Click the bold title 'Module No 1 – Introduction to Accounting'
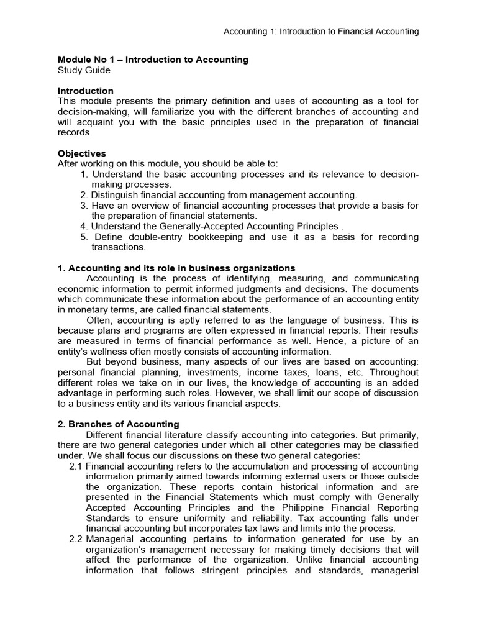click(x=153, y=60)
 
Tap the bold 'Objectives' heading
click(x=81, y=153)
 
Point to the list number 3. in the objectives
click(x=85, y=206)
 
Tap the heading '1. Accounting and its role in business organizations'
click(x=176, y=268)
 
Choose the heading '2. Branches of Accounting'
click(x=118, y=424)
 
